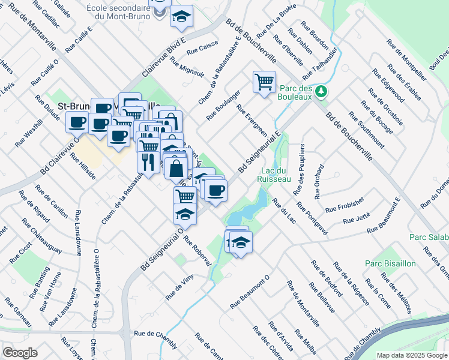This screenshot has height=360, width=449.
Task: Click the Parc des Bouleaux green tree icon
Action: [x=322, y=91]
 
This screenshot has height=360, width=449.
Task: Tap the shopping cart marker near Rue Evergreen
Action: [x=264, y=82]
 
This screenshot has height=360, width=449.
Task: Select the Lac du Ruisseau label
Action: [x=273, y=175]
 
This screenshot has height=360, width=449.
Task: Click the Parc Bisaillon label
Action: [x=384, y=263]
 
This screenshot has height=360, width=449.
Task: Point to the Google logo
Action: [x=20, y=353]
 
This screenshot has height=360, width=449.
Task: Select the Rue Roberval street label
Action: [x=198, y=251]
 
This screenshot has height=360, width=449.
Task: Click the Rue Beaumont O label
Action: [x=250, y=293]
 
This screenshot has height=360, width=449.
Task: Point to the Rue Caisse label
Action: [x=207, y=44]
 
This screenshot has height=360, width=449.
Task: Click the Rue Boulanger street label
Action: [x=223, y=105]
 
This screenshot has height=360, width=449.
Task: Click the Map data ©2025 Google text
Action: [x=412, y=355]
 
